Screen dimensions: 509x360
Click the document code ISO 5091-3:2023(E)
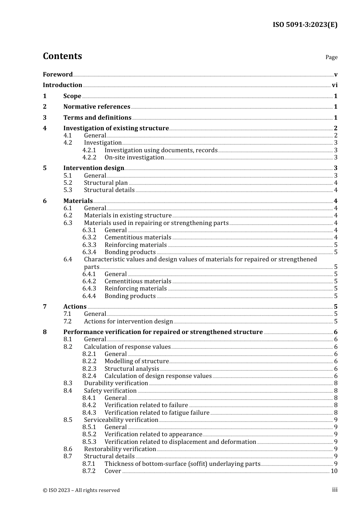pyautogui.click(x=305, y=25)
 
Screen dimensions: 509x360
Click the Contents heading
pyautogui.click(x=62, y=56)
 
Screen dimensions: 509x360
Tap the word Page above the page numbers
pyautogui.click(x=331, y=57)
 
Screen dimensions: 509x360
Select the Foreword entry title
pyautogui.click(x=58, y=75)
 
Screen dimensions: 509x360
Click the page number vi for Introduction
pyautogui.click(x=335, y=85)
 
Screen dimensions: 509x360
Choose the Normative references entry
pyautogui.click(x=97, y=107)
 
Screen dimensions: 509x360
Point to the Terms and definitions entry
pyautogui.click(x=97, y=118)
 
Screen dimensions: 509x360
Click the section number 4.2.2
pyautogui.click(x=89, y=158)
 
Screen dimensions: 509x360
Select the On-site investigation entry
pyautogui.click(x=134, y=158)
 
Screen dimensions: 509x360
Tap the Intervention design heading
pyautogui.click(x=94, y=168)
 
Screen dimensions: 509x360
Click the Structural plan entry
pyautogui.click(x=106, y=183)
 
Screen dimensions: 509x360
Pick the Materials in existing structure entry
pyautogui.click(x=128, y=215)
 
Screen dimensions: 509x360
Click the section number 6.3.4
pyautogui.click(x=89, y=252)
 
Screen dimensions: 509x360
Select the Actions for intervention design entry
pyautogui.click(x=128, y=322)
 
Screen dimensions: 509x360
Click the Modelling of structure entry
pyautogui.click(x=136, y=361)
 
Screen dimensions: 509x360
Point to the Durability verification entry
pyautogui.click(x=116, y=383)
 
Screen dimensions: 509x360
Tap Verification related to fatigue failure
pyautogui.click(x=157, y=413)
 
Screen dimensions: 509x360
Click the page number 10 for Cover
pyautogui.click(x=334, y=471)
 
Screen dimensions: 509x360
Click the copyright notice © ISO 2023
pyautogui.click(x=81, y=490)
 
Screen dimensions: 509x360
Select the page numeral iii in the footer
pyautogui.click(x=335, y=490)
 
